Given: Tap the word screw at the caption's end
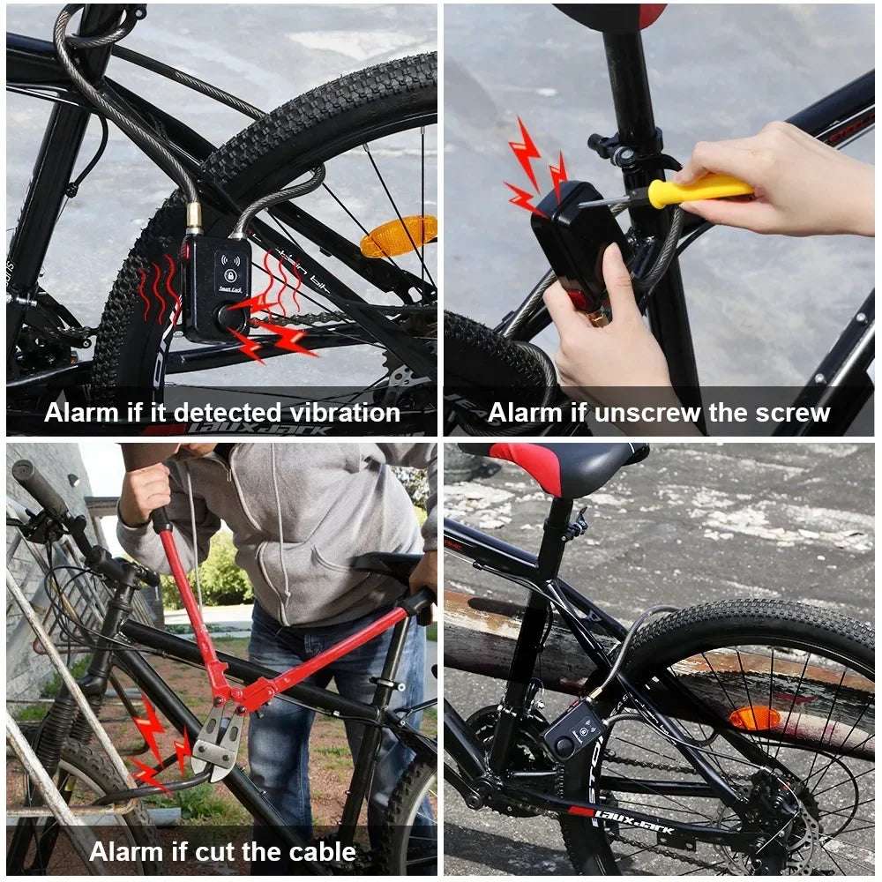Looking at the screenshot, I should point(792,413).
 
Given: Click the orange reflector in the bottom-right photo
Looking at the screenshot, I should point(754,718).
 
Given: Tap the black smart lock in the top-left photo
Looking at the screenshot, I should point(216,288).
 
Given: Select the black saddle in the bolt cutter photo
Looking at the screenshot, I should point(388,564).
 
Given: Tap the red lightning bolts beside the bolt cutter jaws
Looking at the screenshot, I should point(159,745).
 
